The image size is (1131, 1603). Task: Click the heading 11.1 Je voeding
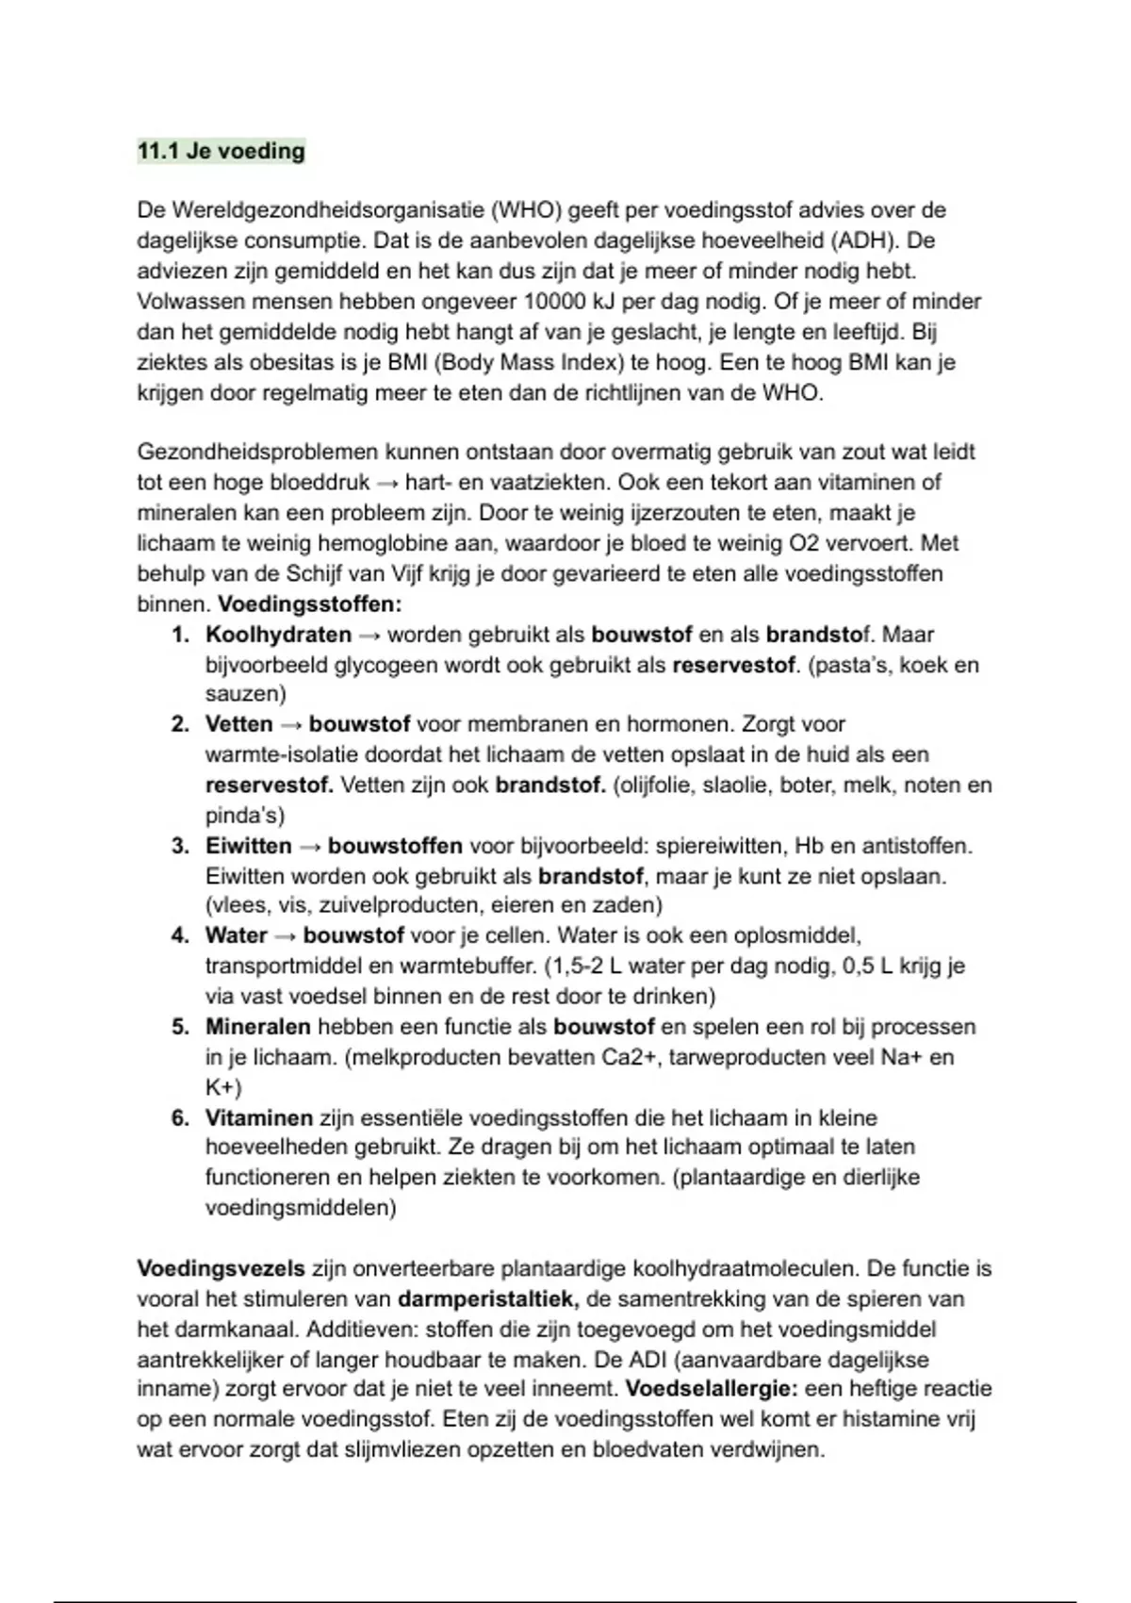point(221,151)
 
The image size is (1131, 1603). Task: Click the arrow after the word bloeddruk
point(386,483)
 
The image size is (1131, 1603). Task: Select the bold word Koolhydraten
point(278,635)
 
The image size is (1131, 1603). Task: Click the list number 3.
point(180,846)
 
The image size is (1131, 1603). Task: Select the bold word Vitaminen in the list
point(258,1118)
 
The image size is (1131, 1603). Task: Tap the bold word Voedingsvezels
point(221,1269)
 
